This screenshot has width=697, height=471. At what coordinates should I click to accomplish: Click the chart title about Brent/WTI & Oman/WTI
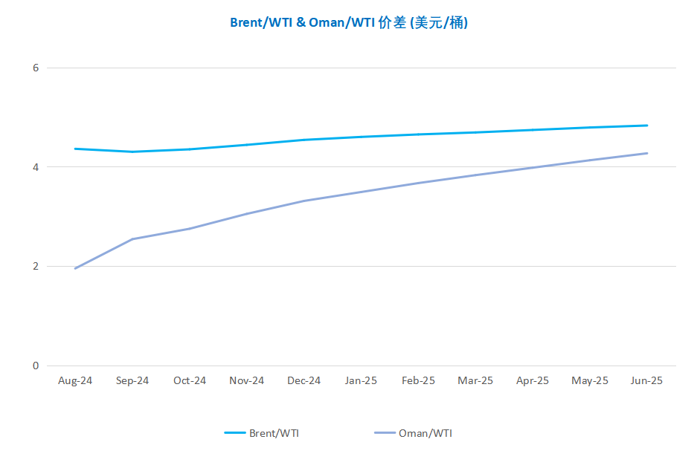(x=348, y=23)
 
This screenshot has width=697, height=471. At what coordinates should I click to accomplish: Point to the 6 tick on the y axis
(x=34, y=68)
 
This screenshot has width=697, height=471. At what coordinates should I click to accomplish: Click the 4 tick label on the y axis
(x=34, y=167)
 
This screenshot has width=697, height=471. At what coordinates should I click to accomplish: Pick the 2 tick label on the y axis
(x=34, y=266)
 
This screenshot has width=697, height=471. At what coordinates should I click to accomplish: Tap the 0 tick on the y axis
(x=34, y=366)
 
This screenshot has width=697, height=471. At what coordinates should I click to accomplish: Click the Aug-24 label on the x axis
(x=75, y=380)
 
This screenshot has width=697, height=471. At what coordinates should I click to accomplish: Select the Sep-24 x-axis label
(x=132, y=380)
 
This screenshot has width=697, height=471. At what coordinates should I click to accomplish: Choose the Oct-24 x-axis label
(x=190, y=380)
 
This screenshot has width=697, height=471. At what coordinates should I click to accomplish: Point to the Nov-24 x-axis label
(x=247, y=380)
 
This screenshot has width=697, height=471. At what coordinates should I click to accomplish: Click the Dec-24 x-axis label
(x=304, y=380)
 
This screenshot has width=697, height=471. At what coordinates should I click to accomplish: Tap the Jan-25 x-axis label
(x=361, y=380)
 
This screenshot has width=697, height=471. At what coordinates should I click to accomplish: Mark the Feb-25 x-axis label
(x=418, y=380)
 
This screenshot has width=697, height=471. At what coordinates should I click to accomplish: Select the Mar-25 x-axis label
(x=475, y=380)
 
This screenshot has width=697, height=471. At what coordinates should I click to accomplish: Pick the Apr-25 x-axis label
(x=533, y=380)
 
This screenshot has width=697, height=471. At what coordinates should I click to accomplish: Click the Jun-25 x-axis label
(x=646, y=380)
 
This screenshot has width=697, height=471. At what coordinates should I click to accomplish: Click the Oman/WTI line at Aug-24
(x=75, y=268)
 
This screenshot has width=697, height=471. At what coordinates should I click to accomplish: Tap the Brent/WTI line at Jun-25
(x=646, y=126)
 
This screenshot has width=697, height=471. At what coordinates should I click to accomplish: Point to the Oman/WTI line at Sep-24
(x=132, y=239)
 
